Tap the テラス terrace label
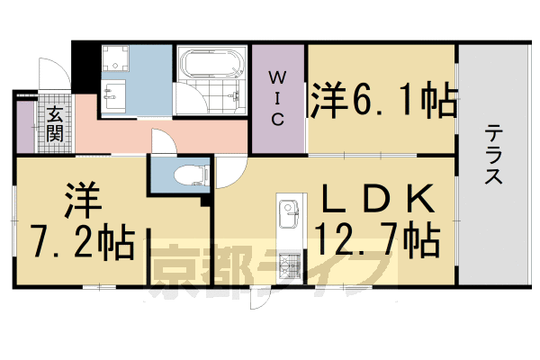tap(494, 156)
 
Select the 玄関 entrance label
tap(54, 124)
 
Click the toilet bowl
tap(185, 174)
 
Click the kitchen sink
tap(289, 217)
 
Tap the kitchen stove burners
tap(288, 266)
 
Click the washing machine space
tap(116, 60)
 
